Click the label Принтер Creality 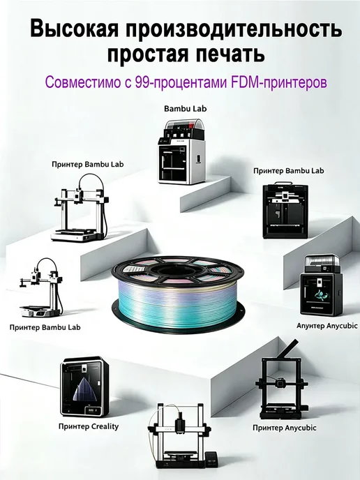pos(89,426)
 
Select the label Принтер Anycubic pos(285,428)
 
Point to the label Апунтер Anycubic pos(327,325)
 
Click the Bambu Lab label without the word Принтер pos(185,108)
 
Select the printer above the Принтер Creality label pos(84,387)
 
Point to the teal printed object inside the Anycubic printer pos(320,293)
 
